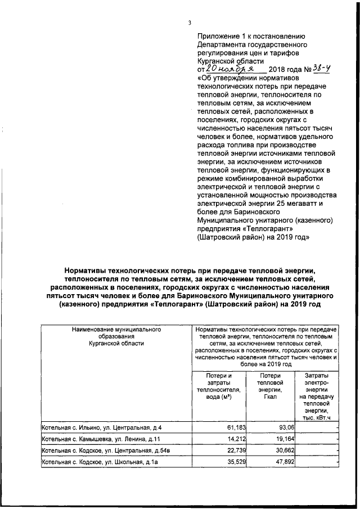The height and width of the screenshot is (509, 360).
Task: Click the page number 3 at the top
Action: click(190, 22)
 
